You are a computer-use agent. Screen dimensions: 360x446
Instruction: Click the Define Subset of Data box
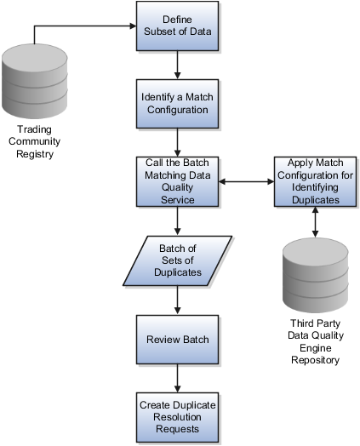point(177,26)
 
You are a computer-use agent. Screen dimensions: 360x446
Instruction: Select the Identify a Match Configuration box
point(177,104)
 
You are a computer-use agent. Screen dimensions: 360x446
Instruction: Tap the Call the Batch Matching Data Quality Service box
point(177,181)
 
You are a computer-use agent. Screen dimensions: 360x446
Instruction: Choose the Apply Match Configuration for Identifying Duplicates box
point(315,181)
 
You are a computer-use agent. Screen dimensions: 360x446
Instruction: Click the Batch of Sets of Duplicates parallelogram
point(177,260)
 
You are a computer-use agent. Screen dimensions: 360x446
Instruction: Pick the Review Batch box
point(177,340)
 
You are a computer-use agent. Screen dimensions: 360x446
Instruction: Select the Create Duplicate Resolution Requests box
point(177,417)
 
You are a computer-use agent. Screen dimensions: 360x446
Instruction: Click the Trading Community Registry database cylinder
point(35,81)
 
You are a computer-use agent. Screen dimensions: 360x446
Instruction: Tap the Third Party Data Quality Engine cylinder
point(316,275)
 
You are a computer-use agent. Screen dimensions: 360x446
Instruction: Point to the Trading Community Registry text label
point(34,141)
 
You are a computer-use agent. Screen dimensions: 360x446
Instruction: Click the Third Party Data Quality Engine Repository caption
point(316,341)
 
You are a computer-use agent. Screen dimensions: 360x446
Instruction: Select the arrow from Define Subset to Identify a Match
point(177,66)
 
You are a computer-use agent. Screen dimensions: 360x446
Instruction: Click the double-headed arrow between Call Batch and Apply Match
point(246,181)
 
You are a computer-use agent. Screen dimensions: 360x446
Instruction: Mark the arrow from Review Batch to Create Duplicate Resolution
point(177,378)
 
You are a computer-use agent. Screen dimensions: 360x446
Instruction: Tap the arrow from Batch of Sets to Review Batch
point(177,300)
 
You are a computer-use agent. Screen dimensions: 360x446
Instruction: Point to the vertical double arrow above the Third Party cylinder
point(315,222)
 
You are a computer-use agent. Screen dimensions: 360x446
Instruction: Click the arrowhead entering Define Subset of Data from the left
point(133,26)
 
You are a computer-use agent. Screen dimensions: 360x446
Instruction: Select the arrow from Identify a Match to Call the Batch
point(177,142)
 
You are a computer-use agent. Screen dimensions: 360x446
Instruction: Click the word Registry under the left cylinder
point(35,154)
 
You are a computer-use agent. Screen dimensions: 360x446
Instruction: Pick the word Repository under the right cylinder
point(316,360)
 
